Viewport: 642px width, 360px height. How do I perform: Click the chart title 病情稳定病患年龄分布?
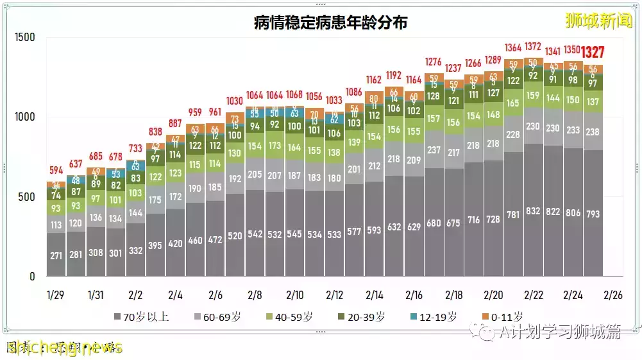click(x=330, y=23)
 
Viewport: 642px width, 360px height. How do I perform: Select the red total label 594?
click(x=56, y=171)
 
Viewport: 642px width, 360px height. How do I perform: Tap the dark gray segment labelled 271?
click(x=56, y=255)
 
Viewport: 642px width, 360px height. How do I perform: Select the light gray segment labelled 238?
click(x=593, y=132)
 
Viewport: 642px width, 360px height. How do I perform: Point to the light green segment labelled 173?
click(x=275, y=146)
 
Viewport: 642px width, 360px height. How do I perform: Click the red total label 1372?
click(x=533, y=46)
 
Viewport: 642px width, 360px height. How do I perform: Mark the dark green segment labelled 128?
click(x=434, y=96)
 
